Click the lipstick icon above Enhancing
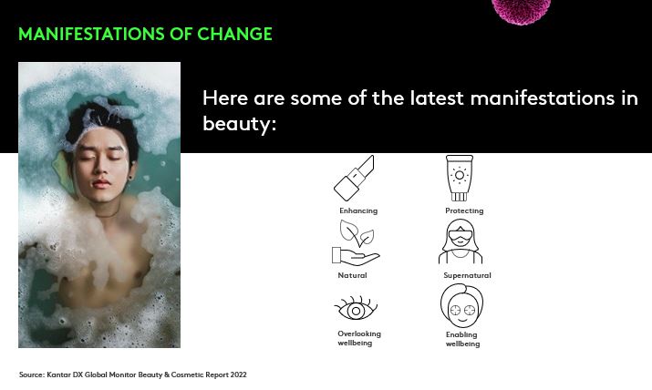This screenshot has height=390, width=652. pyautogui.click(x=354, y=179)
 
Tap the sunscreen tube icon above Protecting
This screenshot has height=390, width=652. pyautogui.click(x=460, y=178)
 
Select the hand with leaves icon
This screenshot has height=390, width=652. pyautogui.click(x=355, y=244)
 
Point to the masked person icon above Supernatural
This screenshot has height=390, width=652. pyautogui.click(x=461, y=242)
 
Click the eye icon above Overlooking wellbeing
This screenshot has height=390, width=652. pyautogui.click(x=355, y=307)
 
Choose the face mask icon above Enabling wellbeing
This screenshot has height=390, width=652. pyautogui.click(x=461, y=306)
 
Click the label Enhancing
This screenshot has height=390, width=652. pyautogui.click(x=358, y=210)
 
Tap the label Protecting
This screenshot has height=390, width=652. pyautogui.click(x=464, y=210)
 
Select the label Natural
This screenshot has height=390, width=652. pyautogui.click(x=352, y=275)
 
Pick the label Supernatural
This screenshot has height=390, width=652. pyautogui.click(x=467, y=275)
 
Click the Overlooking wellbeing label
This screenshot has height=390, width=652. pyautogui.click(x=359, y=338)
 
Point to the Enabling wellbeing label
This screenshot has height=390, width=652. pyautogui.click(x=462, y=339)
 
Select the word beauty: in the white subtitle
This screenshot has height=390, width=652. pyautogui.click(x=239, y=124)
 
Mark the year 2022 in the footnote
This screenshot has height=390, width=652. pyautogui.click(x=237, y=375)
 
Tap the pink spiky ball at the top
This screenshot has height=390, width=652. pyautogui.click(x=521, y=9)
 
